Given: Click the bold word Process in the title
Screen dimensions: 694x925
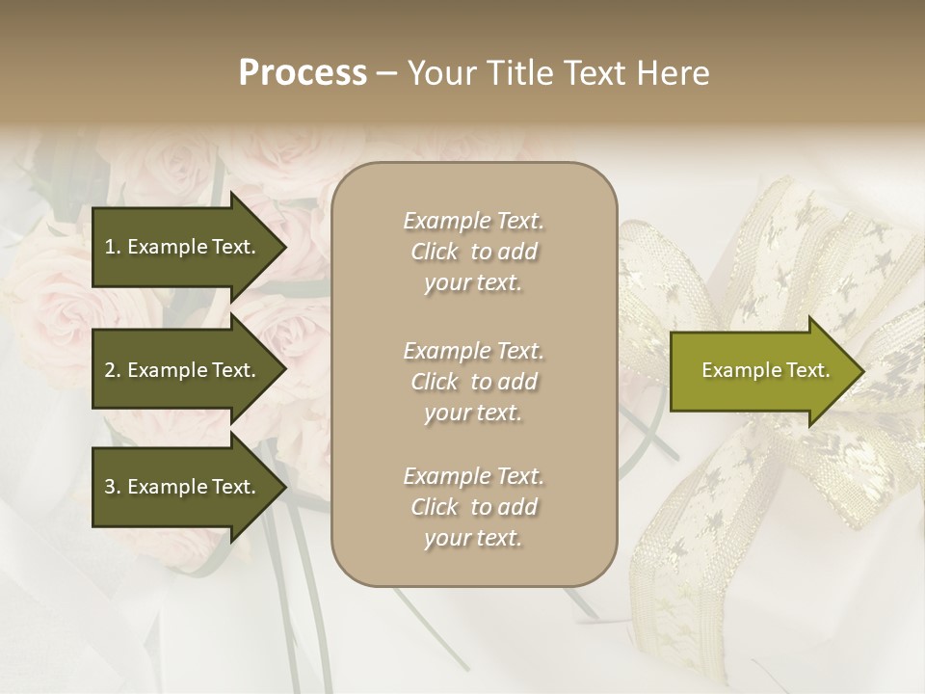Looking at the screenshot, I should click(x=303, y=73).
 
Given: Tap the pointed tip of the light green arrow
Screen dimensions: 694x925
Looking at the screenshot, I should click(x=862, y=371).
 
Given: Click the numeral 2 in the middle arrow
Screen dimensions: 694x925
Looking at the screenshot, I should click(x=110, y=370).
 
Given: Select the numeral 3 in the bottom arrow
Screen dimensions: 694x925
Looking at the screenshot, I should click(x=110, y=487).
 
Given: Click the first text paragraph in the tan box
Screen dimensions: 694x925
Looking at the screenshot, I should click(x=473, y=252).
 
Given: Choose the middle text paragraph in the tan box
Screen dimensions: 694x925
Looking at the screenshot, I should click(x=473, y=382).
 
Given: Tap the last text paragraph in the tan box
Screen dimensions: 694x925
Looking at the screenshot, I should click(x=473, y=507).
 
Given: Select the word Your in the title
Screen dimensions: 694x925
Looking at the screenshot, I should click(x=438, y=73).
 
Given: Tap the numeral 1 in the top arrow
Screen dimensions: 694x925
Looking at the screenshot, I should click(x=109, y=247).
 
